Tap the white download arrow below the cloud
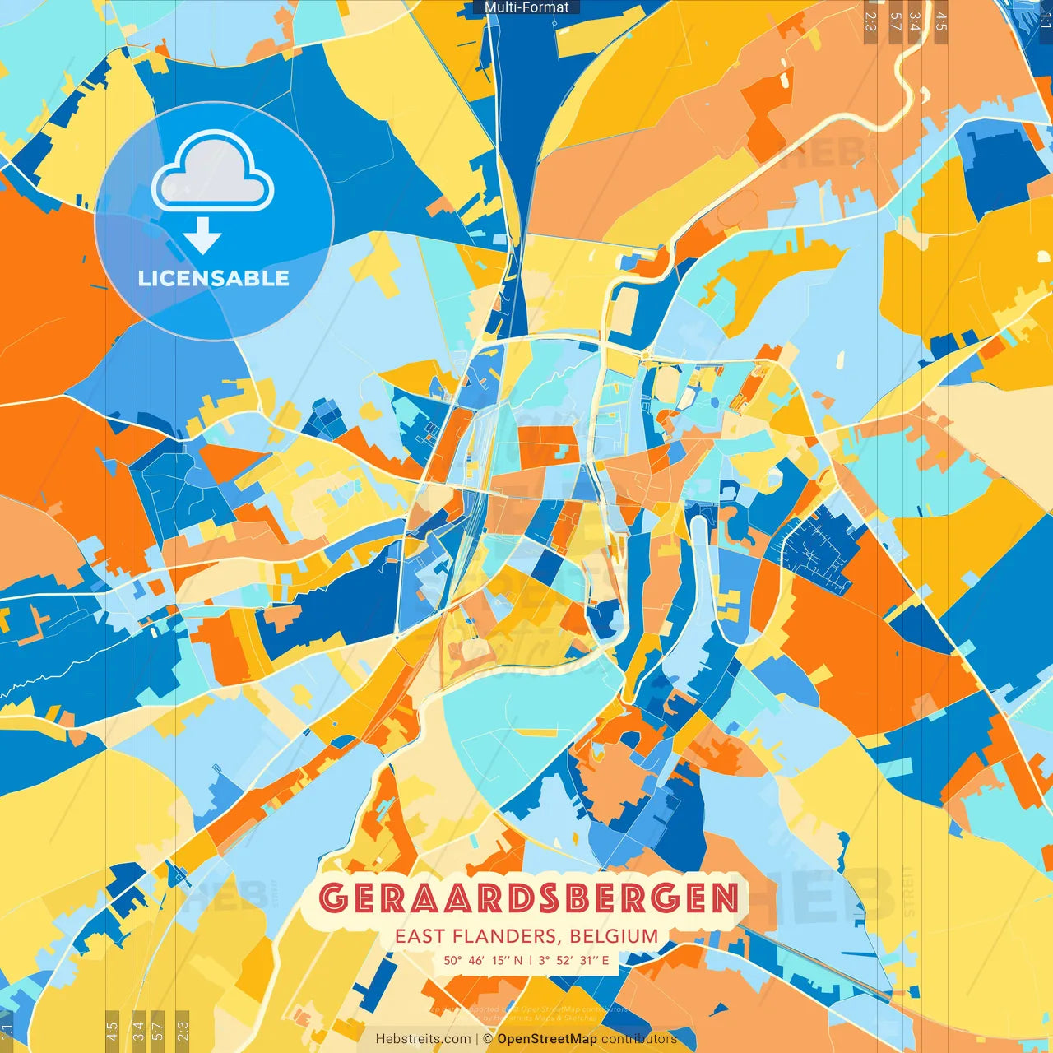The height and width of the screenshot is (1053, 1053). click(202, 236)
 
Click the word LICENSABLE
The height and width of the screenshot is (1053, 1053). click(214, 278)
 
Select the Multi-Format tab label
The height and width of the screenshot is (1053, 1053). click(526, 7)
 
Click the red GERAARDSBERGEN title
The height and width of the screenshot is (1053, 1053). click(528, 898)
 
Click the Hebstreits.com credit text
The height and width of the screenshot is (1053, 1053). click(423, 1039)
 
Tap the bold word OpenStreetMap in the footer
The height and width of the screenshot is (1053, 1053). click(547, 1039)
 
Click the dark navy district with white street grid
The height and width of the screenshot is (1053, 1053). click(819, 547)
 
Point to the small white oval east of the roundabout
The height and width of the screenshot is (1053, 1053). click(841, 360)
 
